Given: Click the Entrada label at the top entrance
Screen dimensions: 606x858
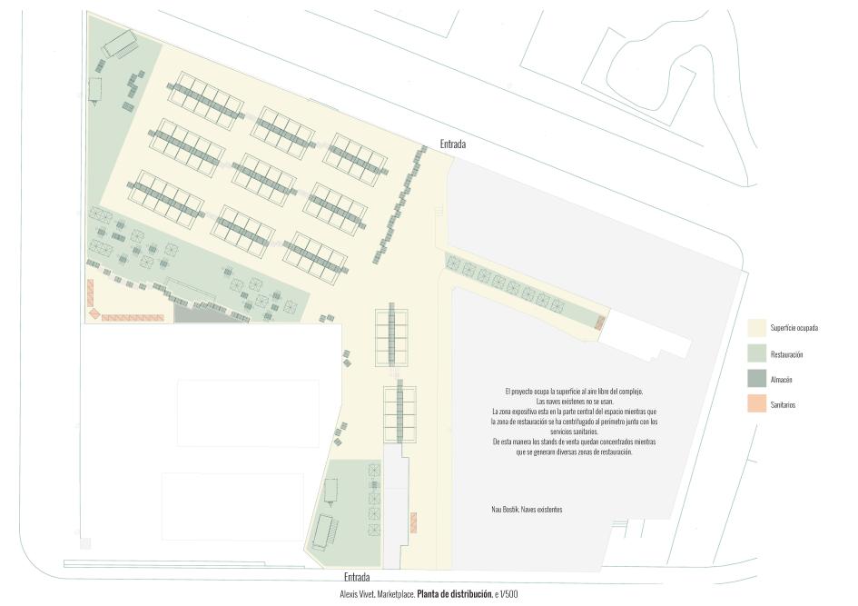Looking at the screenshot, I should click(452, 144).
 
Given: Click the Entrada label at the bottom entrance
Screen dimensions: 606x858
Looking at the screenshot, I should click(357, 577).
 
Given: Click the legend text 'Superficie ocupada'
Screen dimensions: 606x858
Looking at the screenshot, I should click(794, 328).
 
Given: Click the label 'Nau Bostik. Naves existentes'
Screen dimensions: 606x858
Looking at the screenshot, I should click(521, 510).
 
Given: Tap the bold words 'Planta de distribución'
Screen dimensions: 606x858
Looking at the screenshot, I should click(454, 594).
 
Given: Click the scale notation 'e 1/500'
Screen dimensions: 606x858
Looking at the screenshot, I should click(507, 594).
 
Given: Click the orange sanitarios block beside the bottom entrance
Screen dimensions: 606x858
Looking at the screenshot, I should click(413, 523).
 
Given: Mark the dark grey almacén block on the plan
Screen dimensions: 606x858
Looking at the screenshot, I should click(192, 313).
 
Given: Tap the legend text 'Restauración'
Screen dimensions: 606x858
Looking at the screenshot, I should click(786, 354).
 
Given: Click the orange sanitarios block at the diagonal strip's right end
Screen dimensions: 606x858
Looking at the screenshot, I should click(598, 323).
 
